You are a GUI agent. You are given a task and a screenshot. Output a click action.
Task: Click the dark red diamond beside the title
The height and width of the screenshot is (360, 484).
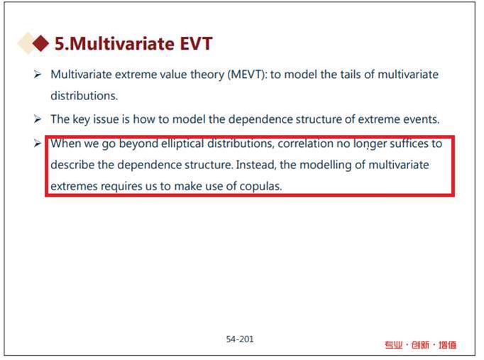40,43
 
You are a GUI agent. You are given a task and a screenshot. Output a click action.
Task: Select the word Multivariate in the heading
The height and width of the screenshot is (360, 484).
122,43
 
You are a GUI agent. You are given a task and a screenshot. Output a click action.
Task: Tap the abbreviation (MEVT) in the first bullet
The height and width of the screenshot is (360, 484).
248,75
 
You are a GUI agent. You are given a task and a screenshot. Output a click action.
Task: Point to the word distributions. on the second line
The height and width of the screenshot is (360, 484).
84,96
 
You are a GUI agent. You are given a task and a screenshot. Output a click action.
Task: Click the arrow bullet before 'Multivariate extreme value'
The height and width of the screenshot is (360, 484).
38,75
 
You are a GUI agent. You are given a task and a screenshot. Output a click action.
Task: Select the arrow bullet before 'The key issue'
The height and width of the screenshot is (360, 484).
38,119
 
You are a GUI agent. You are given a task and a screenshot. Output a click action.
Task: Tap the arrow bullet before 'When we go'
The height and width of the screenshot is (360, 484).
38,143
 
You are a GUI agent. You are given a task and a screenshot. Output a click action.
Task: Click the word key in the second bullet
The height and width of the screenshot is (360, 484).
81,120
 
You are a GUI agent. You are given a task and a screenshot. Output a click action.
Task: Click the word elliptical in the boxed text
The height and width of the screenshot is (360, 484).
182,144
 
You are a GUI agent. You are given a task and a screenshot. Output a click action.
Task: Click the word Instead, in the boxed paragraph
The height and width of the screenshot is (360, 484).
256,165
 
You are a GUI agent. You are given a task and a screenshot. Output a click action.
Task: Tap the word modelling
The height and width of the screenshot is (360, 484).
326,165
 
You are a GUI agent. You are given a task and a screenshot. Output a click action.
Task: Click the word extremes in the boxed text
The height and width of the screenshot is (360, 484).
74,187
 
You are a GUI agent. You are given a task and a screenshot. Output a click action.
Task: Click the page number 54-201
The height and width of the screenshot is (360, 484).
240,339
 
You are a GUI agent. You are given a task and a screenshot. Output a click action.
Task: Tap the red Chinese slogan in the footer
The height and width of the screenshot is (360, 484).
420,345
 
